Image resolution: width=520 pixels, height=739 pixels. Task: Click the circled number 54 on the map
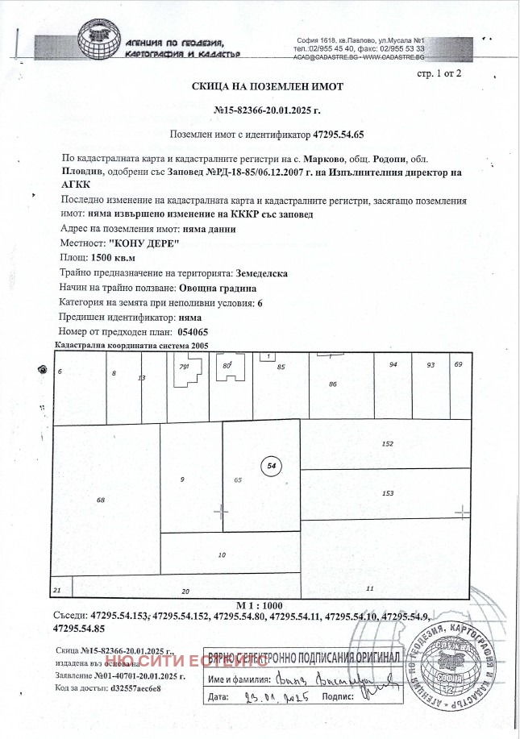(x=271, y=466)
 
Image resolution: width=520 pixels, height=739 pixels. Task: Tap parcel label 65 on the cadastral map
(x=238, y=480)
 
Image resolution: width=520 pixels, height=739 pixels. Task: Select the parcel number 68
(x=101, y=500)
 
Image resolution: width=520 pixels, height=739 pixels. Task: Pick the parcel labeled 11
(x=369, y=587)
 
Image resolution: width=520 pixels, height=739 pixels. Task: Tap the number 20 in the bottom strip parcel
(x=185, y=592)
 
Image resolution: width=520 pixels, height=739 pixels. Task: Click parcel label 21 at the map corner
(x=56, y=591)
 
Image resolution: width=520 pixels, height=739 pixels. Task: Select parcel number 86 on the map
(x=332, y=385)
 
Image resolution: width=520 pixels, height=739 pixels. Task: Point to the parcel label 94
(x=393, y=365)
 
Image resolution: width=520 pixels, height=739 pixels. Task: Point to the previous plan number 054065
(x=192, y=332)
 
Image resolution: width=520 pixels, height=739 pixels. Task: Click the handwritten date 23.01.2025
(x=277, y=695)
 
